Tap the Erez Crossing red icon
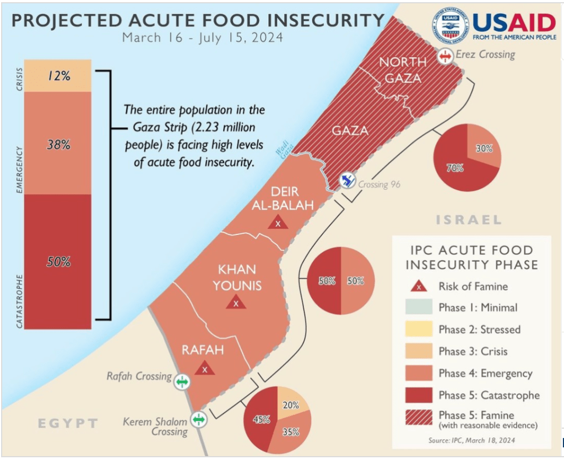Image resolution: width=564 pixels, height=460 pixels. click(446, 56)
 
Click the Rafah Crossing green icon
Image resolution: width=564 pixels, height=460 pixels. click(182, 380)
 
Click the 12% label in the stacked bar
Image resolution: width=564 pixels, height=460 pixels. click(58, 76)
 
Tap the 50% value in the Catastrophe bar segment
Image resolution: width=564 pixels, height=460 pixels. click(58, 262)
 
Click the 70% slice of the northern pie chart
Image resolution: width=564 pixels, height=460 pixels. click(454, 168)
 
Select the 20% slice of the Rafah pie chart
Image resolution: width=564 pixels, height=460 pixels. click(291, 404)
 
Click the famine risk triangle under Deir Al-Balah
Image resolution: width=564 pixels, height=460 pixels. click(278, 223)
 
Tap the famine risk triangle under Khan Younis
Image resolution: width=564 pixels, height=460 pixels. click(236, 302)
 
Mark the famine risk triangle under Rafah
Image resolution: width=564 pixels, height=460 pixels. click(204, 368)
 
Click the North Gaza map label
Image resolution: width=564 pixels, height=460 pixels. click(403, 70)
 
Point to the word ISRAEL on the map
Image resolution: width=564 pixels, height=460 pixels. click(469, 220)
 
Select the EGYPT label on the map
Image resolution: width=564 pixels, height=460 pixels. click(68, 423)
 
